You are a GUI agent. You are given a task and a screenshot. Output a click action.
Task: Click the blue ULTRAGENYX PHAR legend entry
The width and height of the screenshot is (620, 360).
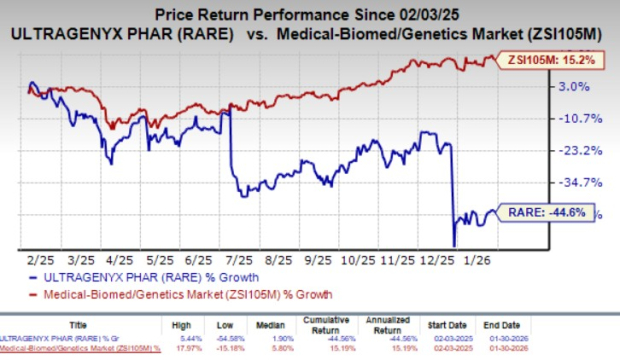150,276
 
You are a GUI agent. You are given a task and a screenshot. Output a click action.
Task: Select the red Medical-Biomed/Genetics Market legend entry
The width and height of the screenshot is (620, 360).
185,294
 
